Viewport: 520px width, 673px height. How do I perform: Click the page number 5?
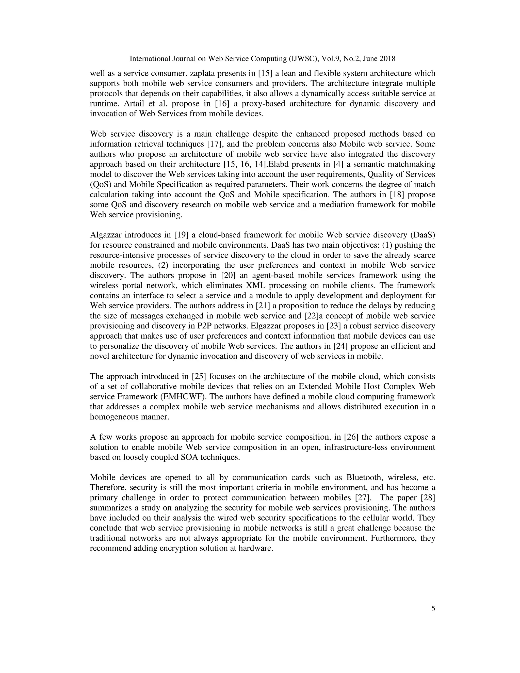[x=433, y=608]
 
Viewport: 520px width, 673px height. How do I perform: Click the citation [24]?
[x=340, y=346]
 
